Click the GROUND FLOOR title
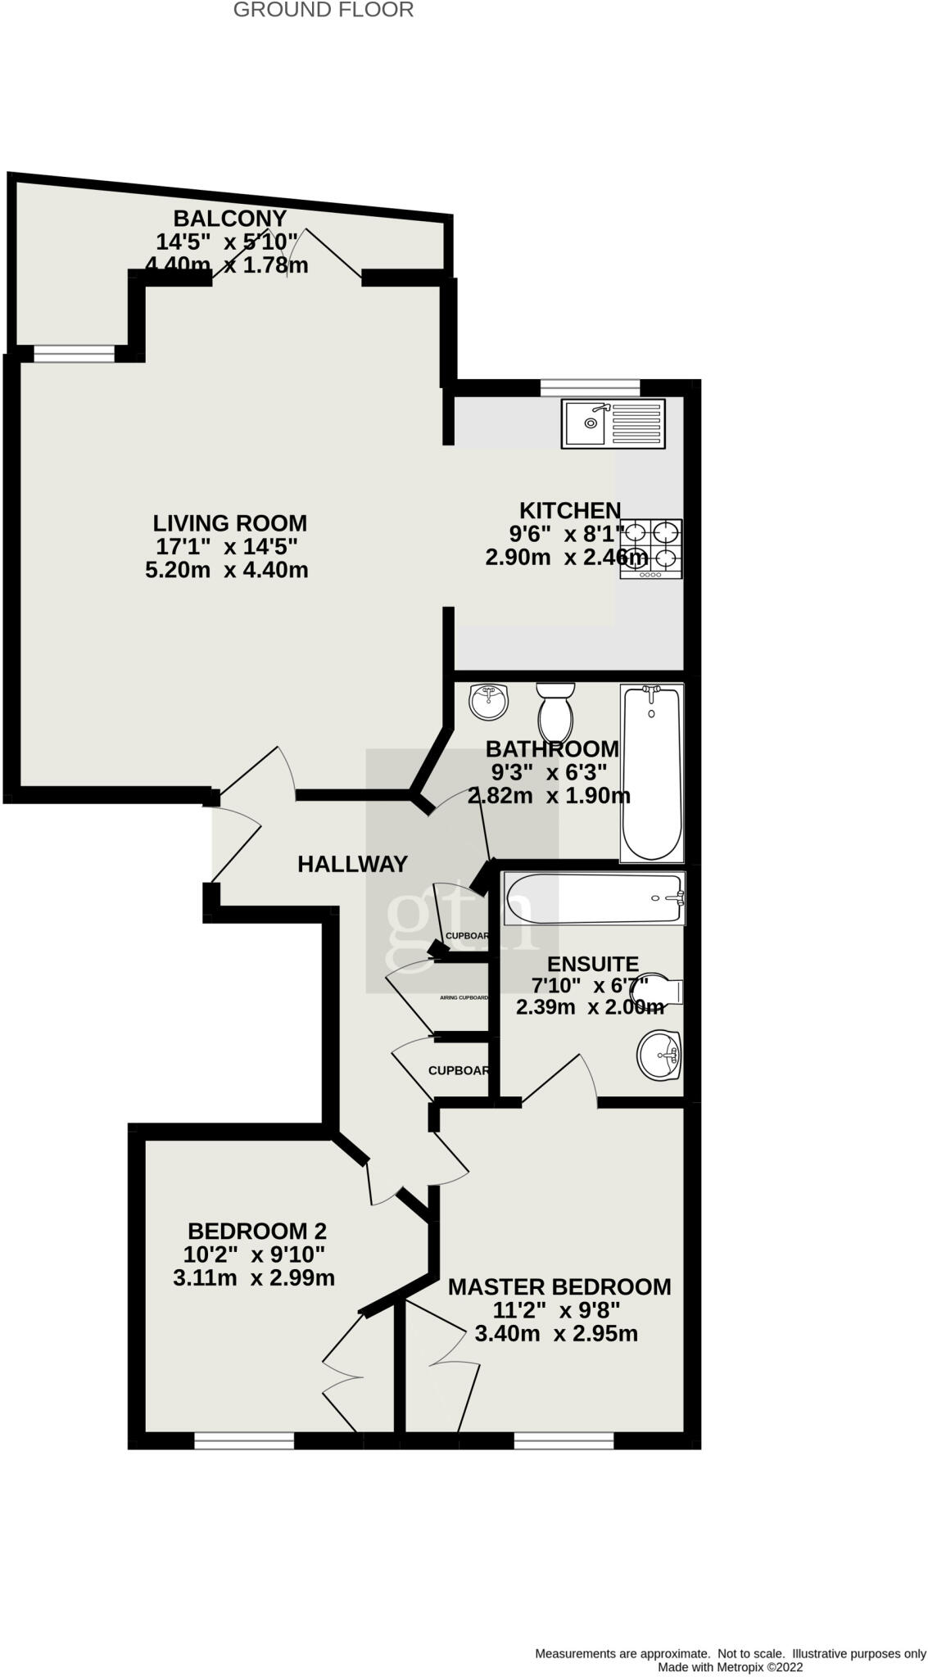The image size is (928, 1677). (323, 10)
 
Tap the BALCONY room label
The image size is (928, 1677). (229, 219)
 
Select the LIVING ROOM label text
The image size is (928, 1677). (229, 522)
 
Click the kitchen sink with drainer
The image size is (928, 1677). (613, 423)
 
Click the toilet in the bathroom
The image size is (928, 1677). (556, 711)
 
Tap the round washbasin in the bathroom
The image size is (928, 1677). (489, 702)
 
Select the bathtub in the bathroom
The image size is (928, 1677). (651, 772)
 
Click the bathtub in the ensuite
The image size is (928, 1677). (594, 898)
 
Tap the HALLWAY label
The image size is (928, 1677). (352, 864)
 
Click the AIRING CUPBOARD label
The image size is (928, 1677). (464, 998)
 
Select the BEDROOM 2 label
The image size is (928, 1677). (257, 1231)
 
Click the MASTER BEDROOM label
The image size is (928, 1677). (559, 1286)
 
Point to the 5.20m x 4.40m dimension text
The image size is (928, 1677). (227, 570)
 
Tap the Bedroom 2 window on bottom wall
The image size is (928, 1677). (244, 1440)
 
